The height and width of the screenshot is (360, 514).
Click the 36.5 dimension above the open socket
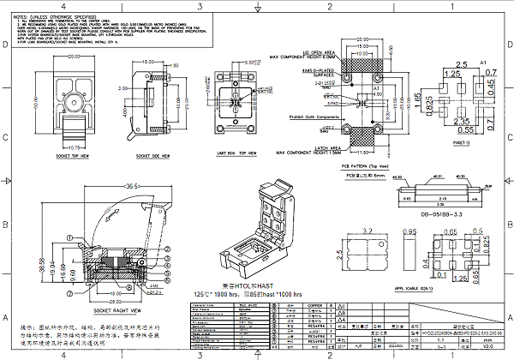(134, 184)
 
